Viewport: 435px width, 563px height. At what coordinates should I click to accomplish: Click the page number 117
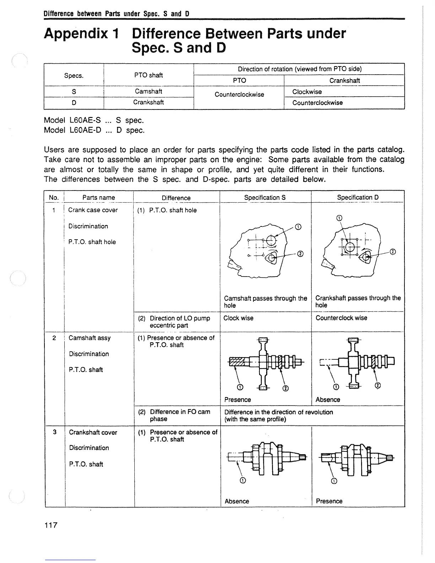click(50, 525)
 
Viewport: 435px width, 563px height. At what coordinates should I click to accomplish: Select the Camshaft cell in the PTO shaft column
click(148, 91)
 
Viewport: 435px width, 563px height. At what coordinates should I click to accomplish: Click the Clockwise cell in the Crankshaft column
click(307, 92)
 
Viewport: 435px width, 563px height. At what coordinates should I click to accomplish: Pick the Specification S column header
click(265, 197)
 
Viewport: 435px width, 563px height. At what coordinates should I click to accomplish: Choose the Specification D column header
click(358, 197)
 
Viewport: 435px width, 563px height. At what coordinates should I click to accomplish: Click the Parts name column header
click(98, 197)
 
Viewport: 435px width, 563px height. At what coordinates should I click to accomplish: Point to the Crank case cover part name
click(93, 210)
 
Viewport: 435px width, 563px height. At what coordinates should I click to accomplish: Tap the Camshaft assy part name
click(90, 338)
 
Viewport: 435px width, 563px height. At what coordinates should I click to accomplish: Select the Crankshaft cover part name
click(93, 433)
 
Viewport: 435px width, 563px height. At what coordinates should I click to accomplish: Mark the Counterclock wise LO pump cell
click(341, 318)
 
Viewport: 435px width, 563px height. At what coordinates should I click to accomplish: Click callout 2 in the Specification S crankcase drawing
click(301, 253)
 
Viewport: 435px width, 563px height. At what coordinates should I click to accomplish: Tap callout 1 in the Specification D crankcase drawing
click(339, 218)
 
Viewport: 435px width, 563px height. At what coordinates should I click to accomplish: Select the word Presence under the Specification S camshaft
click(237, 400)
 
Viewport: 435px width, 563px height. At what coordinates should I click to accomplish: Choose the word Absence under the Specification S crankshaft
click(237, 502)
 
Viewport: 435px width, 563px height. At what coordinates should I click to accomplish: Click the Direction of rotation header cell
click(299, 69)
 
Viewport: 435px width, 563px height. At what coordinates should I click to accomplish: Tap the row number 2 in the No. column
click(54, 338)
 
